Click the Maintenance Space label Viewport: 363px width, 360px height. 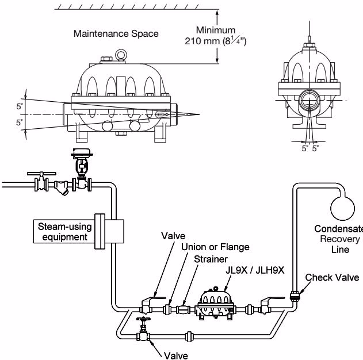(116, 34)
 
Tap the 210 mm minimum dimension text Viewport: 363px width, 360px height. (216, 41)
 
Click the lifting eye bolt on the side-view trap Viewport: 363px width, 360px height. (121, 55)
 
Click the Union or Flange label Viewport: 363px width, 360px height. (215, 247)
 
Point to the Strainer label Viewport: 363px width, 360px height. (211, 259)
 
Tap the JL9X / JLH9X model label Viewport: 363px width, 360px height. (255, 270)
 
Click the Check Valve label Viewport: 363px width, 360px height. (332, 277)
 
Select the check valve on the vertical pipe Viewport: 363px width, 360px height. (294, 296)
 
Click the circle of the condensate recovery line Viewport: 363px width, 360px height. (342, 208)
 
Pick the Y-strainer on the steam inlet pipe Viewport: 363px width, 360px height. (62, 187)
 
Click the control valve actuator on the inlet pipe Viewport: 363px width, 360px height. (82, 153)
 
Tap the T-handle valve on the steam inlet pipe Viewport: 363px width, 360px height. (41, 181)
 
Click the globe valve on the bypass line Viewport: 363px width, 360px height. (143, 329)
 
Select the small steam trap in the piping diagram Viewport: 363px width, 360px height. (215, 304)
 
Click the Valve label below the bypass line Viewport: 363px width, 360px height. (176, 355)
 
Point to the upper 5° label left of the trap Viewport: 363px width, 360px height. (20, 106)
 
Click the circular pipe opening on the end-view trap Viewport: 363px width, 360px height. (309, 101)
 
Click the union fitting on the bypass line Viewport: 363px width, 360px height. (189, 336)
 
